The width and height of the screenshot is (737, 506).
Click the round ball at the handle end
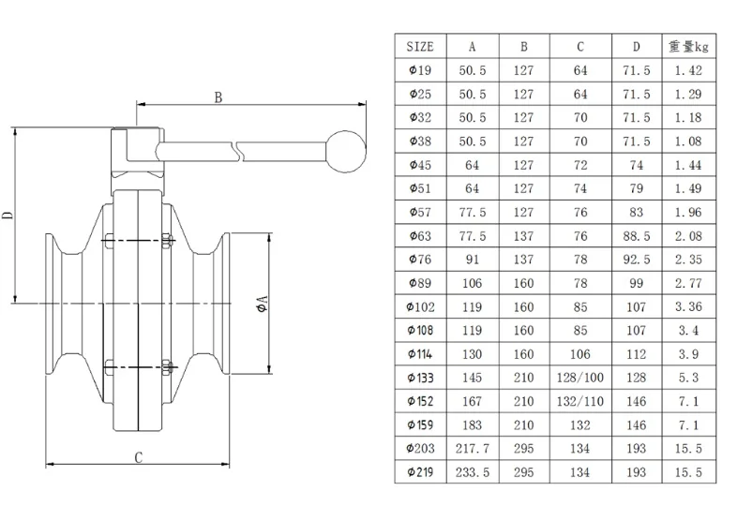[x=346, y=151]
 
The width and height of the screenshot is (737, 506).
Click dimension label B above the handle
[x=218, y=97]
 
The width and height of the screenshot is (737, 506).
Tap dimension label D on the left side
[x=8, y=216]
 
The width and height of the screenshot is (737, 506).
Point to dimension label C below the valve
[x=138, y=457]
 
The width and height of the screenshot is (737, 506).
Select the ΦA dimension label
[x=262, y=304]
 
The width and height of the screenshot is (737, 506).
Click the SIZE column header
[x=420, y=47]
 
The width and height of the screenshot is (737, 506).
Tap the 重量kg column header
[x=688, y=47]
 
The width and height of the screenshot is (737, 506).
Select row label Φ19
[x=420, y=70]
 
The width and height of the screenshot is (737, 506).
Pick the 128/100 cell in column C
[x=580, y=378]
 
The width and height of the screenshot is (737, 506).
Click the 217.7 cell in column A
[x=473, y=449]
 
